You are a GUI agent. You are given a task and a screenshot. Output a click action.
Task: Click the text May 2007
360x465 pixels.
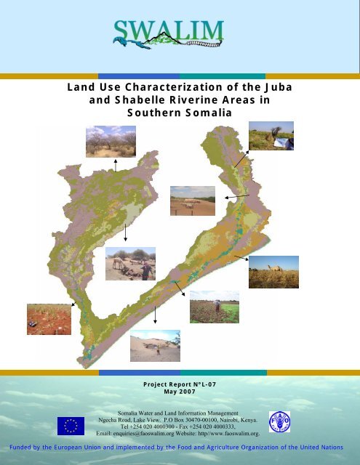tap(179, 391)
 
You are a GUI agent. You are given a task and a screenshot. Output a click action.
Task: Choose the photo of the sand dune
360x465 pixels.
tap(154, 345)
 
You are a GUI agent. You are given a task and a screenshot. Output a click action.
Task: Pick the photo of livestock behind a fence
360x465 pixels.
tap(193, 201)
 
